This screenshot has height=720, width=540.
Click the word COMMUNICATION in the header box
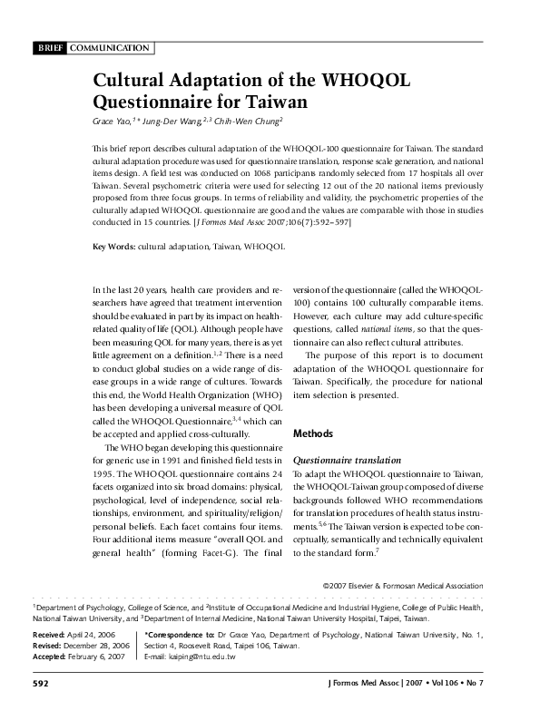coord(109,47)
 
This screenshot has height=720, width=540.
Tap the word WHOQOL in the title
coord(362,81)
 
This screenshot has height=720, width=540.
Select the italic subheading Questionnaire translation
coord(348,462)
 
